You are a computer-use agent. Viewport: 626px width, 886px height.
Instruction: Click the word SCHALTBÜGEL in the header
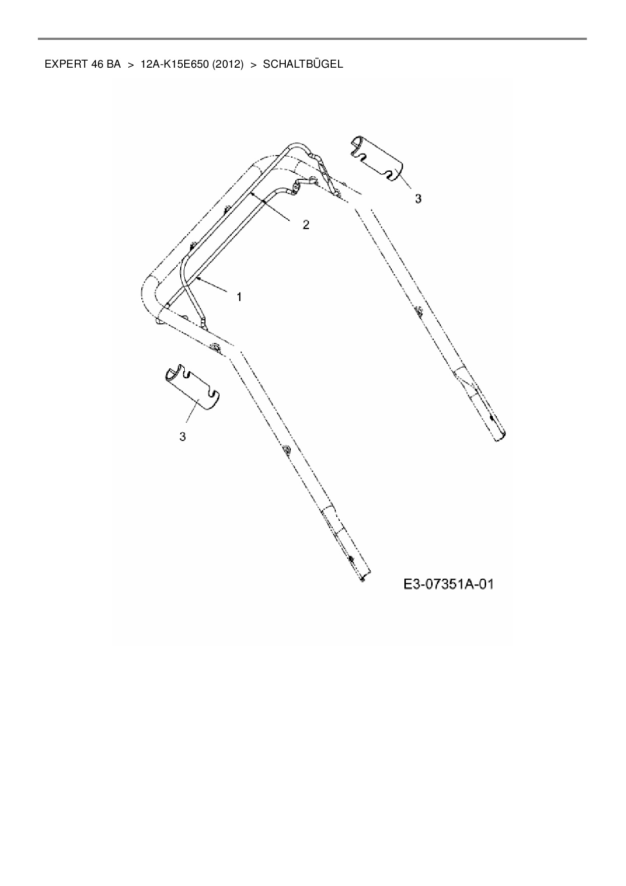pyautogui.click(x=303, y=64)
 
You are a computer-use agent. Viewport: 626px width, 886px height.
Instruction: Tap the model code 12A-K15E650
pyautogui.click(x=172, y=64)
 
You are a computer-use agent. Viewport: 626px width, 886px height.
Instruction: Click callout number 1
pyautogui.click(x=239, y=297)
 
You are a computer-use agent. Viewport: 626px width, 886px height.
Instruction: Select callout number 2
pyautogui.click(x=306, y=225)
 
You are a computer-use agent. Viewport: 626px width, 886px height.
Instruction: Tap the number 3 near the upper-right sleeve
pyautogui.click(x=418, y=199)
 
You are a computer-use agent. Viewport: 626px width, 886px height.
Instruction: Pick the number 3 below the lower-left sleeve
pyautogui.click(x=183, y=436)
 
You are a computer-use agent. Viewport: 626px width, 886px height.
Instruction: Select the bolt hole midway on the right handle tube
pyautogui.click(x=418, y=312)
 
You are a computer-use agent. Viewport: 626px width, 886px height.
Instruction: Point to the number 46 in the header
pyautogui.click(x=97, y=64)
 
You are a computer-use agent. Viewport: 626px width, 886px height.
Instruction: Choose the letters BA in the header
pyautogui.click(x=114, y=64)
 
